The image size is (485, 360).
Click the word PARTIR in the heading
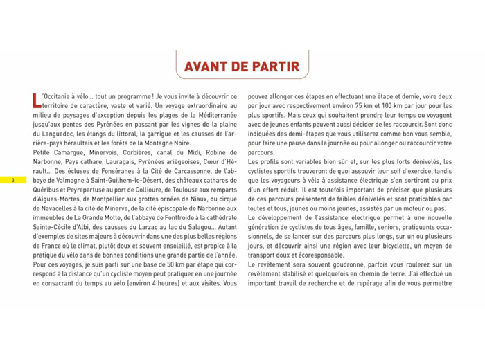point(275,66)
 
